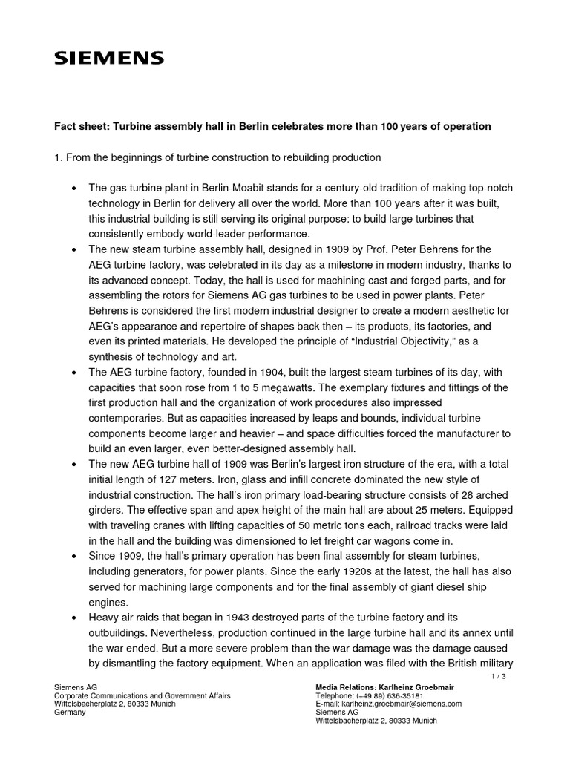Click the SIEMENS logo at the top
tap(109, 58)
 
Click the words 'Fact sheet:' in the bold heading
tap(81, 127)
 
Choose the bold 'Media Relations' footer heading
tap(352, 687)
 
